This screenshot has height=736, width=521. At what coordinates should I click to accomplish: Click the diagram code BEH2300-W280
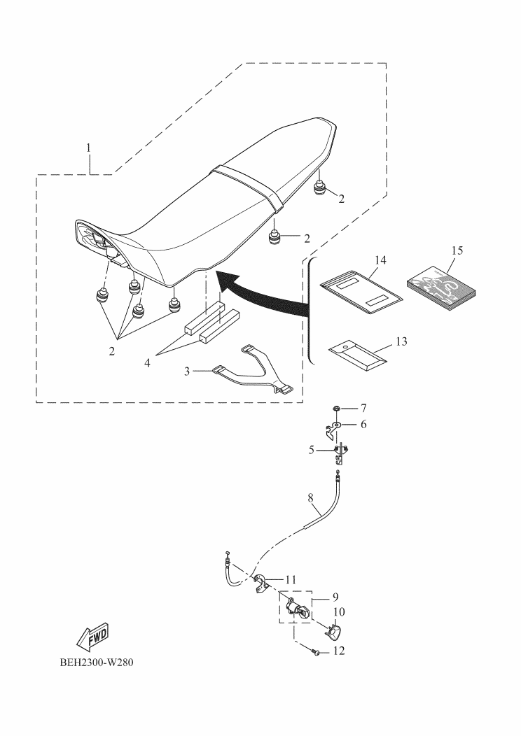(97, 663)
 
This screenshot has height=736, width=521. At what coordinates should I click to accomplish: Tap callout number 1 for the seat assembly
(88, 148)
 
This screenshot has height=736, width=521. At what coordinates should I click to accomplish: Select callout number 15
(457, 250)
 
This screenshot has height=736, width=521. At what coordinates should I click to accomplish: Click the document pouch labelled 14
(361, 291)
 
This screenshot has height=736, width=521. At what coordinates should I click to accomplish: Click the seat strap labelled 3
(252, 371)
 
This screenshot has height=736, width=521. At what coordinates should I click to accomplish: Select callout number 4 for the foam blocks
(147, 363)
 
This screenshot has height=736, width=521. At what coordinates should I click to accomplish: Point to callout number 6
(363, 425)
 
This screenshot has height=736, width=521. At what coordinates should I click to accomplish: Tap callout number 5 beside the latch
(311, 450)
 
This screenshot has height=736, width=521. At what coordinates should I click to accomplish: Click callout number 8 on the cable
(310, 499)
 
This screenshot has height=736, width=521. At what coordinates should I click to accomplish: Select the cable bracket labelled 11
(260, 583)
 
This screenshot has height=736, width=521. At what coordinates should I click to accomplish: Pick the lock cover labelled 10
(333, 631)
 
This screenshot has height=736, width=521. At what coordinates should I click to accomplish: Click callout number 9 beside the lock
(335, 597)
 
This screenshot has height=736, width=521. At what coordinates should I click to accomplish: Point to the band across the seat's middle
(248, 187)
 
